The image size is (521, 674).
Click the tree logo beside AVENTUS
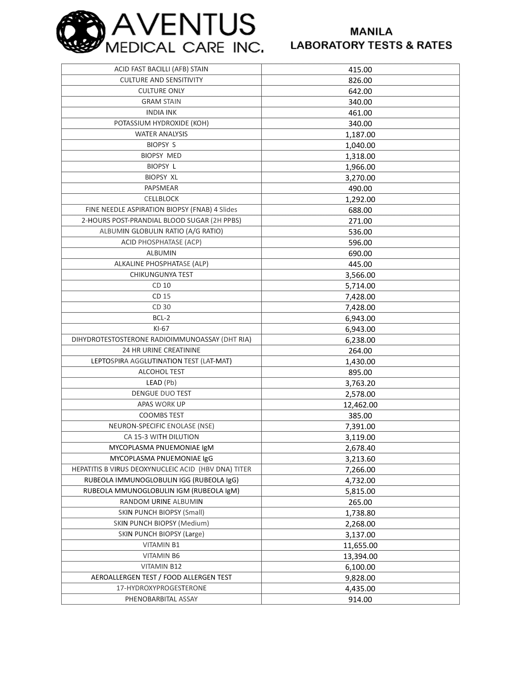(x=81, y=32)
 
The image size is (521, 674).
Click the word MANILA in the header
(x=371, y=32)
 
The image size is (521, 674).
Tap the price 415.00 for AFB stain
(x=360, y=70)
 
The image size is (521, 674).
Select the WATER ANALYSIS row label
(x=161, y=134)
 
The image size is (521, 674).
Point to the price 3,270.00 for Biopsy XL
(x=360, y=178)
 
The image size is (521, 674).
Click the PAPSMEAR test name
(x=161, y=188)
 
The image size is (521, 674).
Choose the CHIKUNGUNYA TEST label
(x=161, y=275)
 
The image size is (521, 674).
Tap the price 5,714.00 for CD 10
(x=360, y=286)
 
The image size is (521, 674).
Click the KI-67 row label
(x=161, y=329)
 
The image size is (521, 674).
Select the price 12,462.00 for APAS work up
(x=360, y=405)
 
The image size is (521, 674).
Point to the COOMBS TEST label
(x=161, y=415)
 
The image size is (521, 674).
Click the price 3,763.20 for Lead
(x=360, y=383)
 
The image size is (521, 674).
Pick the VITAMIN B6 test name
(x=161, y=556)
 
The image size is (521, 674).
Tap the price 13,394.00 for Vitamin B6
(x=360, y=556)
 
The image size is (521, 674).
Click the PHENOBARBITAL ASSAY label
(x=161, y=599)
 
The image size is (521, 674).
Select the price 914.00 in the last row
(x=360, y=600)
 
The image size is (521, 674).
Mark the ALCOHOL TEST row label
(x=161, y=372)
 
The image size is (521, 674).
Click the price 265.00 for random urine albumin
(x=360, y=502)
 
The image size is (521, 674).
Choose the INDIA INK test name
(x=161, y=113)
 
